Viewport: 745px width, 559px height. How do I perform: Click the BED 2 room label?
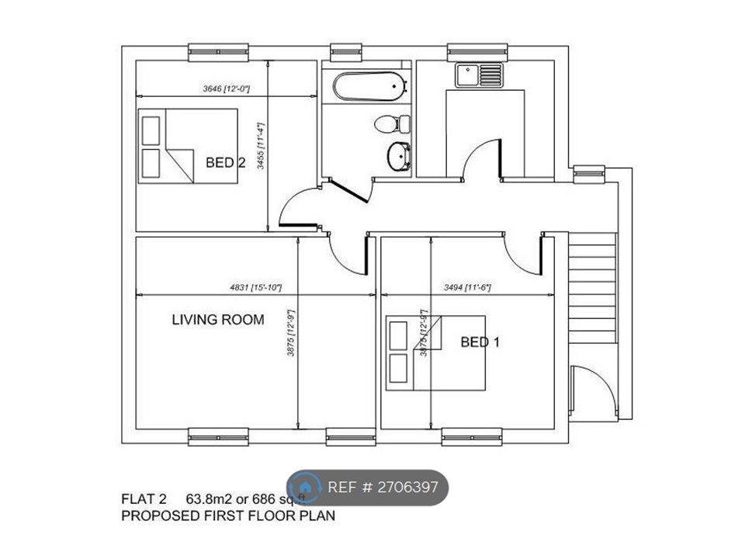coord(226,162)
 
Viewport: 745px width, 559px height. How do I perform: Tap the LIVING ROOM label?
coord(217,319)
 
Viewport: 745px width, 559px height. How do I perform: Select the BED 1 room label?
coord(480,342)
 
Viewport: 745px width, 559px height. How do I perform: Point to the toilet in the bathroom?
coord(393,123)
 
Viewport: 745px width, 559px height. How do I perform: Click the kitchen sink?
coord(480,75)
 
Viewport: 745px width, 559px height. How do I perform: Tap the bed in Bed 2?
coord(188,146)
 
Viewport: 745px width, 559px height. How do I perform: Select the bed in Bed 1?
coord(436,352)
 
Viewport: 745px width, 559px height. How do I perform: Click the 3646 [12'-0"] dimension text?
coord(225,89)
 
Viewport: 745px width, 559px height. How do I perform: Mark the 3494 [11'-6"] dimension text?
coord(466,287)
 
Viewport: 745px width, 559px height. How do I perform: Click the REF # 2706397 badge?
coord(369,488)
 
